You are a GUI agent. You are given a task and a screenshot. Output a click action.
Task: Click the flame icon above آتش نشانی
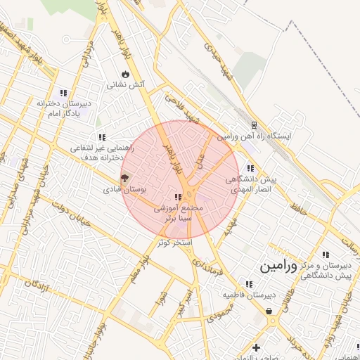tap(125, 73)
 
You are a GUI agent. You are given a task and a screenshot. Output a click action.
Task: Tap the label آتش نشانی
tap(125, 84)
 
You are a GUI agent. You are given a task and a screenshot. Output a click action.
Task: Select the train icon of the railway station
tap(254, 125)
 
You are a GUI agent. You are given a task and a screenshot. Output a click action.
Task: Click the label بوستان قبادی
tap(124, 190)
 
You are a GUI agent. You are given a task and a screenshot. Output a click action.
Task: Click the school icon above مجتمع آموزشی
tap(179, 197)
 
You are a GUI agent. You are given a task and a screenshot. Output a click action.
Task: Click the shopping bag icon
tap(269, 311)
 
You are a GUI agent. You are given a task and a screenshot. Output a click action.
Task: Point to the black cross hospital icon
tap(257, 347)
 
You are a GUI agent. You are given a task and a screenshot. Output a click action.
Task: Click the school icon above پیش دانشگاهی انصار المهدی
tap(251, 167)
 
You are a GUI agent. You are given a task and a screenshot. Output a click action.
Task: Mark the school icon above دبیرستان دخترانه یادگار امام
tap(63, 92)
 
